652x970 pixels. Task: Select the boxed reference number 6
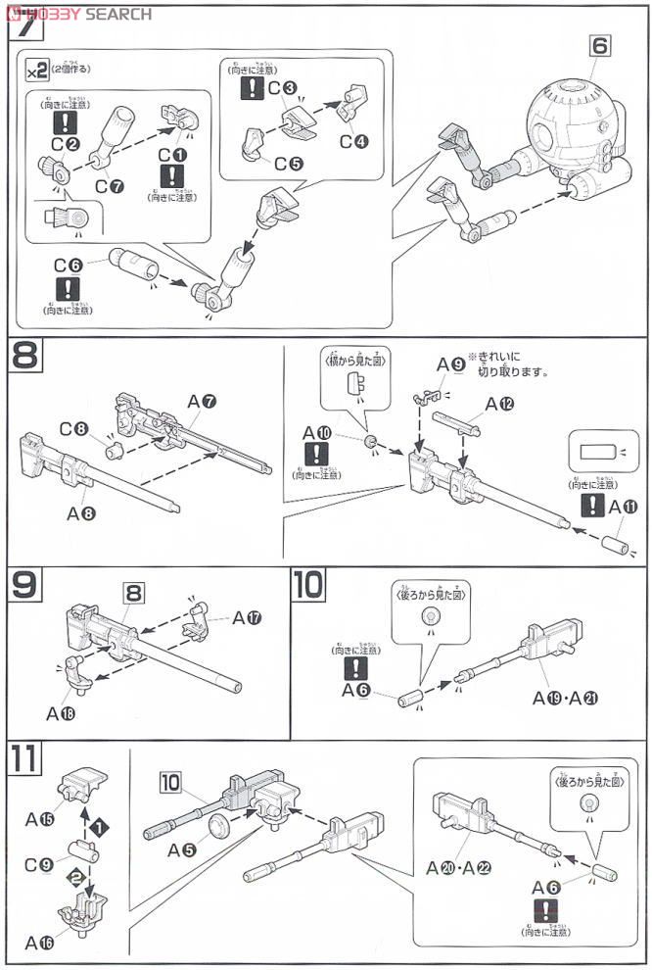tap(600, 44)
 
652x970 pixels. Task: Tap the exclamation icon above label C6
tap(68, 287)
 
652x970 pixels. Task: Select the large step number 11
tap(25, 759)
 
